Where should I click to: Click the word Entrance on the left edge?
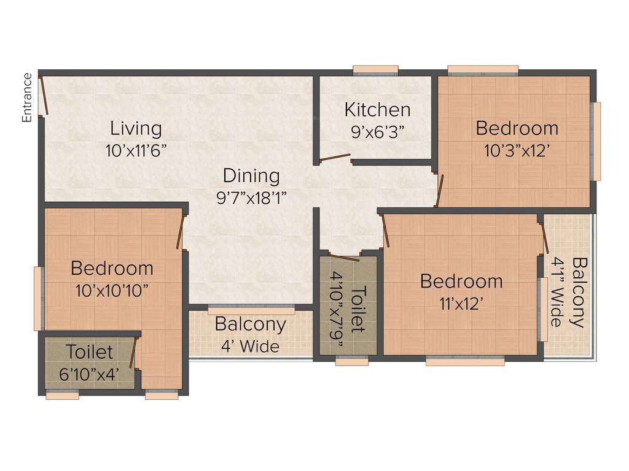coord(27,98)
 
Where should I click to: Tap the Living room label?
coord(136,129)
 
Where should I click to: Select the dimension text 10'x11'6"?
coord(136,151)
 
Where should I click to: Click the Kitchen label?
coord(377,110)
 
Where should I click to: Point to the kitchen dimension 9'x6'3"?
coord(377,131)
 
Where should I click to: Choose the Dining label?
coord(251,176)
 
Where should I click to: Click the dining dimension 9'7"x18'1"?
coord(251,197)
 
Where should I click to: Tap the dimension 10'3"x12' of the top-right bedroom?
coord(517,150)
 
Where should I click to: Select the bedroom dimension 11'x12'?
coord(461,304)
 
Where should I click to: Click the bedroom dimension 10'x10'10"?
coord(111,290)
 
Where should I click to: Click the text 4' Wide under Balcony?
coord(250,347)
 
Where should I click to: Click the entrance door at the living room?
coord(43,95)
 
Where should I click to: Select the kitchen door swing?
coord(335,158)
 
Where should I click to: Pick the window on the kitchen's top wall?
coord(375,69)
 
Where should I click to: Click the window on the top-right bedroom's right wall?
coord(596,141)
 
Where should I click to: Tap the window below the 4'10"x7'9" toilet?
coord(352,362)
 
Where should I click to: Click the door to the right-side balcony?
coord(544,237)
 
